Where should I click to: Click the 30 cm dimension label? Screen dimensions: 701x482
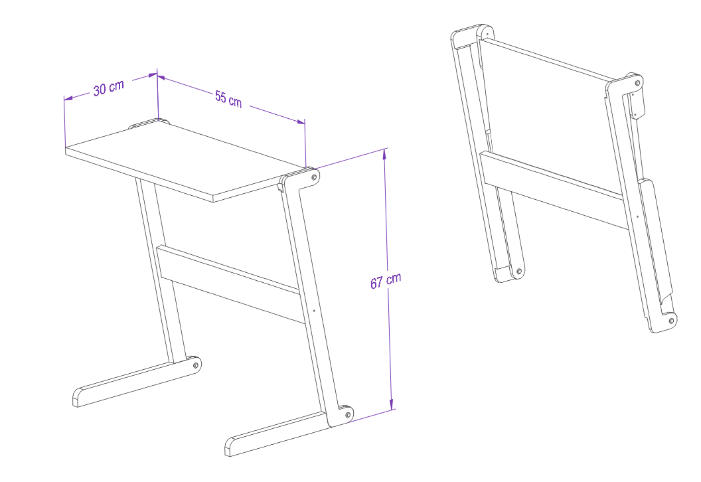tap(109, 88)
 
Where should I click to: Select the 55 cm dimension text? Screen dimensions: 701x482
tap(228, 100)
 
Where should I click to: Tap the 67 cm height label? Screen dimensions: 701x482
tap(386, 280)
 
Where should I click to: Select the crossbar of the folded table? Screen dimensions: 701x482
tap(554, 190)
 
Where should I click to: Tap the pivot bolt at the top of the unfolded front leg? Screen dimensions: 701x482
tap(314, 177)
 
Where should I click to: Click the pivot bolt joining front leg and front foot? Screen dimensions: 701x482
tap(347, 415)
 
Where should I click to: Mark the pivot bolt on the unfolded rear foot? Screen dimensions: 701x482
tap(195, 365)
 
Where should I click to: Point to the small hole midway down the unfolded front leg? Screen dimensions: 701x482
tap(314, 311)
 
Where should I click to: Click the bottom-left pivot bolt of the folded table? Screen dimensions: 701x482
tap(518, 271)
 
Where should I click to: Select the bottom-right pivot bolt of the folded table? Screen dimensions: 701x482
tap(671, 321)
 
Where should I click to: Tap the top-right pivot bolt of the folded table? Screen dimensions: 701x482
tap(637, 83)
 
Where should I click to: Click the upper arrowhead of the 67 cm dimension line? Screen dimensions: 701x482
tap(384, 153)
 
